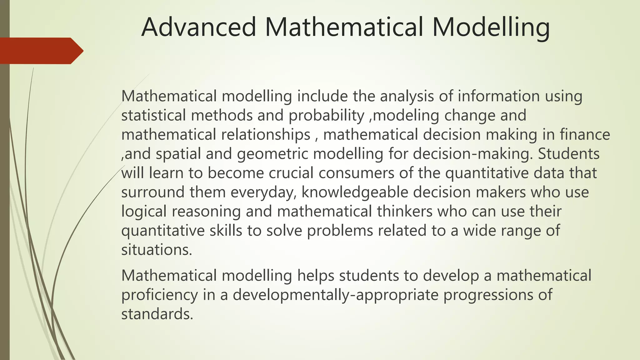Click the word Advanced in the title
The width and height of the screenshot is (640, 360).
pyautogui.click(x=199, y=27)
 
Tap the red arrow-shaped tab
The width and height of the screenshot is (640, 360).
pyautogui.click(x=41, y=51)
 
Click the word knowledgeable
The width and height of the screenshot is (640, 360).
pyautogui.click(x=355, y=192)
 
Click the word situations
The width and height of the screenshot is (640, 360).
pyautogui.click(x=157, y=250)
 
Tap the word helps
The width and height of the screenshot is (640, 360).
pyautogui.click(x=316, y=276)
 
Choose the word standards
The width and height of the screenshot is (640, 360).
pyautogui.click(x=157, y=314)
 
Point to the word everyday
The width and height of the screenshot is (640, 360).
pyautogui.click(x=263, y=192)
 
